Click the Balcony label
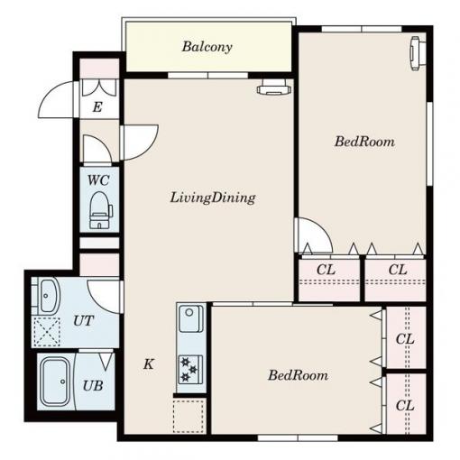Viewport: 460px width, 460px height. click(x=207, y=47)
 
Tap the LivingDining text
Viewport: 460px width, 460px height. click(x=213, y=198)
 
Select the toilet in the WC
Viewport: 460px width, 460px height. click(x=101, y=210)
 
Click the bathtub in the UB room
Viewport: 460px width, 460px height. click(x=56, y=382)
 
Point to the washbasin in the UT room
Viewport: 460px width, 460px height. click(x=48, y=296)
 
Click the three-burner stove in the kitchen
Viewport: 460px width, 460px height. click(x=190, y=370)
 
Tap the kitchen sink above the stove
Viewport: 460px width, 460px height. click(x=190, y=318)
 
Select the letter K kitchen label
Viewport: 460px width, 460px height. click(x=149, y=364)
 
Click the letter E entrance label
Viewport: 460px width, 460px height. click(x=97, y=107)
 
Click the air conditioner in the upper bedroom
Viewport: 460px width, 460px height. click(x=418, y=53)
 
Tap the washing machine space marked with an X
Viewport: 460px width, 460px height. click(x=47, y=331)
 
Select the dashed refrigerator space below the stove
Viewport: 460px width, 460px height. click(x=189, y=416)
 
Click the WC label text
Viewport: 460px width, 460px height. click(x=98, y=180)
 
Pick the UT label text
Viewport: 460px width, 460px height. click(x=84, y=321)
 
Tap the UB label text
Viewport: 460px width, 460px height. click(x=93, y=386)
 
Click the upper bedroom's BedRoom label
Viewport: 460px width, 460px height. click(x=364, y=142)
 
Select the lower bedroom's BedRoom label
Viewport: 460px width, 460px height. click(x=299, y=375)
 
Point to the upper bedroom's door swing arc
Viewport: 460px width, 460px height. click(x=320, y=230)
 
